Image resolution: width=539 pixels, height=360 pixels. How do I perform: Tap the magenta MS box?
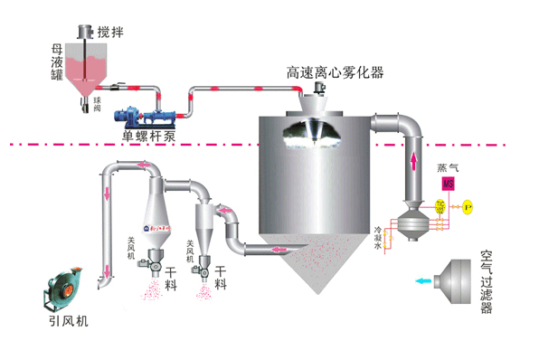click(x=447, y=184)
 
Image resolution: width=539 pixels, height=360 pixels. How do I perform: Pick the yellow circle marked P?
click(x=468, y=206)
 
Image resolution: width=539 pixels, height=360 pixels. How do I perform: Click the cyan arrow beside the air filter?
click(x=422, y=281)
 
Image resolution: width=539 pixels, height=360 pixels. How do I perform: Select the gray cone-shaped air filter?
click(x=457, y=279)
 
